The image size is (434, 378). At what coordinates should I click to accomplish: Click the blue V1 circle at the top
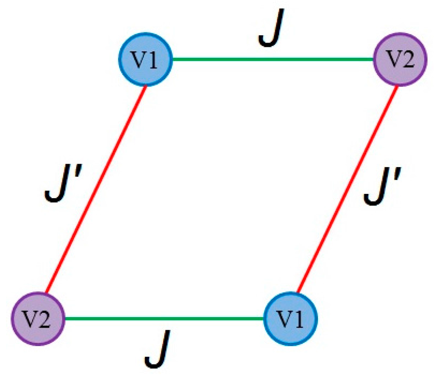tap(145, 60)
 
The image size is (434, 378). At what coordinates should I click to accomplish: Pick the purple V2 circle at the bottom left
tap(38, 318)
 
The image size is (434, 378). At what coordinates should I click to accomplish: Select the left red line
tap(95, 189)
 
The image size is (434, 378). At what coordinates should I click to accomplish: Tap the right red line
tap(348, 189)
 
